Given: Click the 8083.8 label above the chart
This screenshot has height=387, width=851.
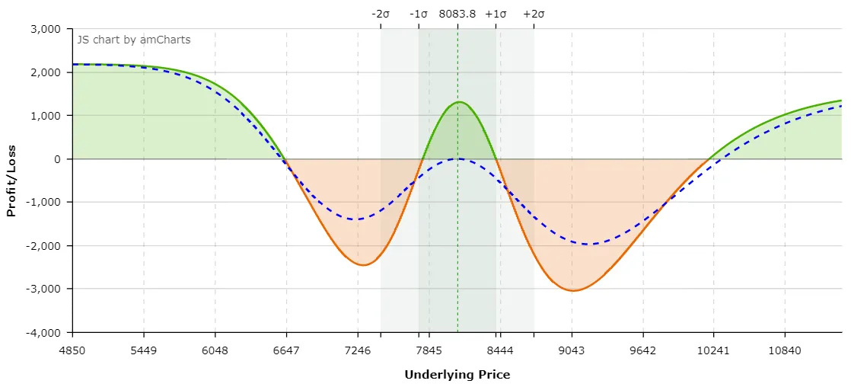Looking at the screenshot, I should (457, 14).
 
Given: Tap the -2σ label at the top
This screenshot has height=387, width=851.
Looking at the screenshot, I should (381, 14).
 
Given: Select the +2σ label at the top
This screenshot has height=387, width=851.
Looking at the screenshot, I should (534, 14).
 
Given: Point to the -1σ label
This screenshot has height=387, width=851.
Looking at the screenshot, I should (419, 14).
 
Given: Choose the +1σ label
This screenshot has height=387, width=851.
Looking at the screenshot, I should (496, 14).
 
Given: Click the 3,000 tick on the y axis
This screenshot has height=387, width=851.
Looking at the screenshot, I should (44, 29).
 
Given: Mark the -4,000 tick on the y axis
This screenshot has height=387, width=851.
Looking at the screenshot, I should (42, 332).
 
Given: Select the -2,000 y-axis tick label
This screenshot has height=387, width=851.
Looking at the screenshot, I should (42, 245).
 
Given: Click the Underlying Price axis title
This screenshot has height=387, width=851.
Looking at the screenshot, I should (457, 374).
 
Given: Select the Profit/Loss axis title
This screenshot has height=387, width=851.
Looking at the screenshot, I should (11, 181).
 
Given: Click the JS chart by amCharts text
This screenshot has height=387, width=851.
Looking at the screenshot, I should (134, 39).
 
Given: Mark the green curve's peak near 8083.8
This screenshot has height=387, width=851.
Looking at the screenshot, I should (459, 101).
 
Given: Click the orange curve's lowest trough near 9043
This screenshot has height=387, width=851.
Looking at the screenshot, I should (573, 290).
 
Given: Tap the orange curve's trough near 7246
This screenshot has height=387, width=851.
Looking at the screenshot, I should (363, 265).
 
